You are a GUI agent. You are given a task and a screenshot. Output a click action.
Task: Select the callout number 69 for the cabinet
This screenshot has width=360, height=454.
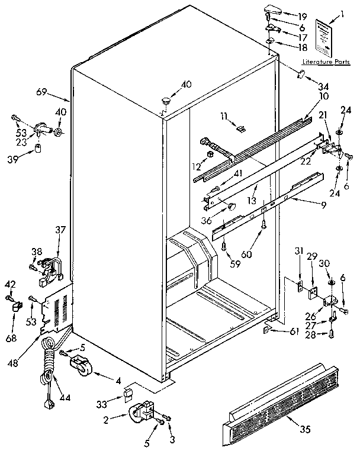(41, 92)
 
